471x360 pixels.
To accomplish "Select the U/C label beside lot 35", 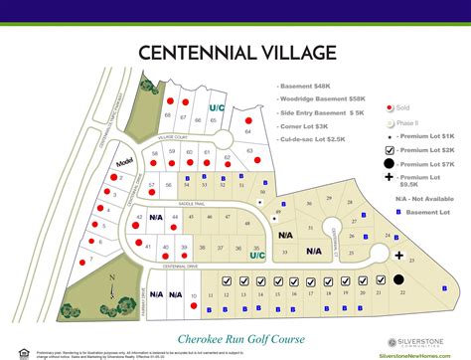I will tap(256, 255).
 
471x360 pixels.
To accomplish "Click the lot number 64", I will tap(246, 131).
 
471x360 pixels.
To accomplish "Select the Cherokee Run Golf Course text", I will tap(235, 310).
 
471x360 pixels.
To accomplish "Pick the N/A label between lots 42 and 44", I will tap(156, 216).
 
